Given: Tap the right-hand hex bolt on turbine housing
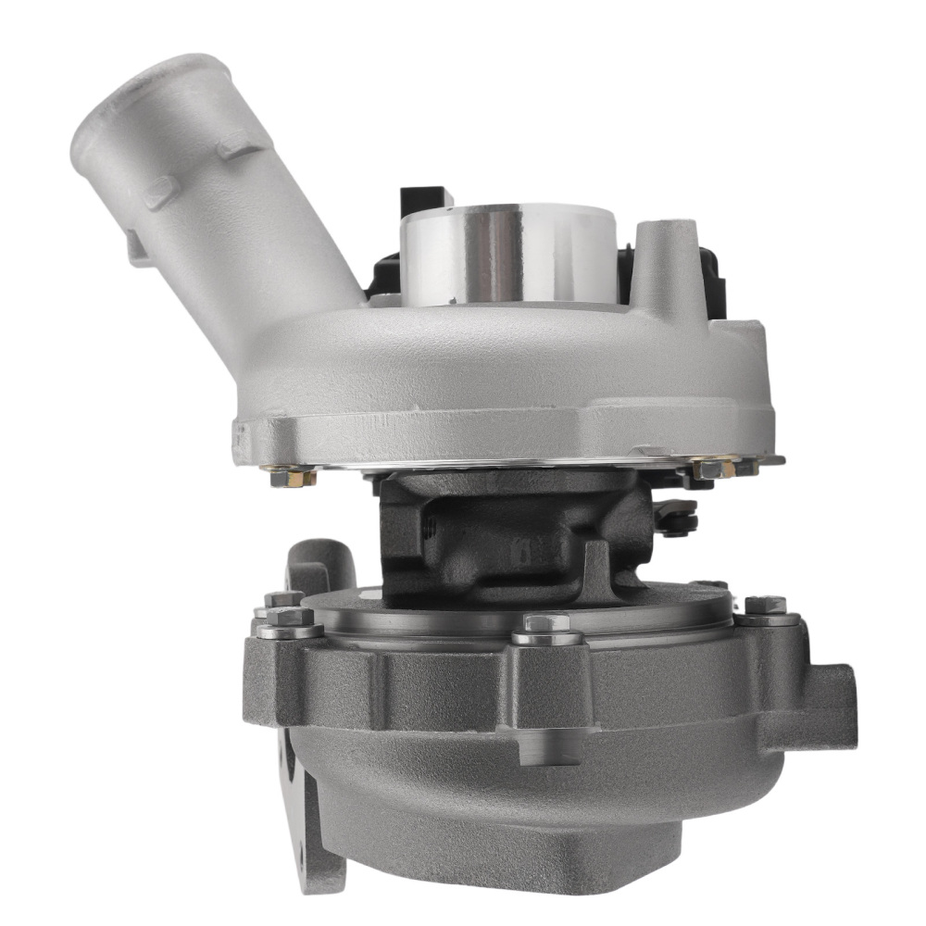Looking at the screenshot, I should pos(766,607).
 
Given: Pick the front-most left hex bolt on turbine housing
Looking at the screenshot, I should pos(290,621).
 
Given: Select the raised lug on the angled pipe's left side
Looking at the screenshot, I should pos(139,245).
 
